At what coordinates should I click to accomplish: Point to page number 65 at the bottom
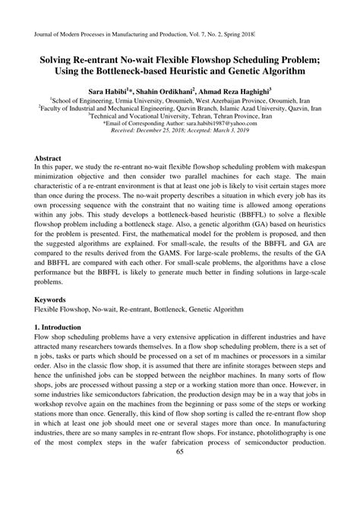pyautogui.click(x=180, y=495)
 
